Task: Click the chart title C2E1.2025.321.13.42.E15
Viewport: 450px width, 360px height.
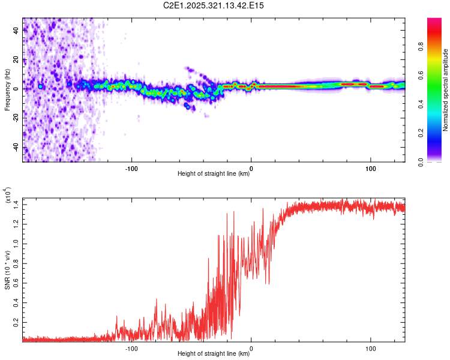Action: pos(209,5)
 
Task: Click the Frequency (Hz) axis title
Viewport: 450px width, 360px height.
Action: pos(7,90)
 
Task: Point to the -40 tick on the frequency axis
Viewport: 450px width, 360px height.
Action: pos(16,147)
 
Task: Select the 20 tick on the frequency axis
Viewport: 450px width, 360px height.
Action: pos(16,60)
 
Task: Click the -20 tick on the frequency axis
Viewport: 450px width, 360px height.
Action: pos(16,118)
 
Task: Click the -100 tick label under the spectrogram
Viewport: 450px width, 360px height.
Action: pos(132,167)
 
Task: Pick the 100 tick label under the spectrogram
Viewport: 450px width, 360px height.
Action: pos(371,167)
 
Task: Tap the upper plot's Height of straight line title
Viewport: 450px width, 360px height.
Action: pos(214,174)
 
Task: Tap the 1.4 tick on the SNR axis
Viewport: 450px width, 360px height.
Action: pos(16,205)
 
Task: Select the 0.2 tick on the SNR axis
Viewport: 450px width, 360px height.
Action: pos(16,322)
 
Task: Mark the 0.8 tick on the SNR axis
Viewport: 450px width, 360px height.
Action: pos(16,263)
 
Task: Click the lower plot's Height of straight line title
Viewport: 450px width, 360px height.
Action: pos(214,354)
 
